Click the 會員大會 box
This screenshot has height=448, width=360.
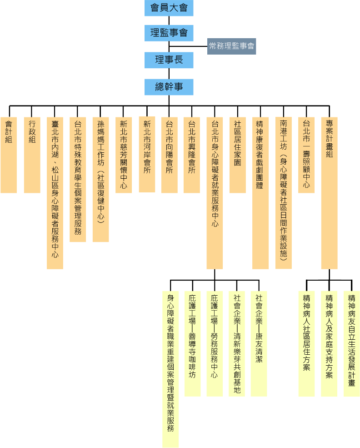click(169, 8)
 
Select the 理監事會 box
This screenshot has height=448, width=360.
click(169, 33)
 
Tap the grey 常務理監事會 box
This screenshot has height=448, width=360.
click(231, 46)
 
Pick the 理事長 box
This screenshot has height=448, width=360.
click(169, 60)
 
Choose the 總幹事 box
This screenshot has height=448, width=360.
click(169, 87)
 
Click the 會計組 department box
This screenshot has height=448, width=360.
click(9, 155)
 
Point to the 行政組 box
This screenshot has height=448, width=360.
click(32, 155)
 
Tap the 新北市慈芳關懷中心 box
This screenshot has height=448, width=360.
click(124, 155)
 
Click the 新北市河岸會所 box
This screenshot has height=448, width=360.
click(147, 155)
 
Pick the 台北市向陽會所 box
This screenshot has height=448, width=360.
click(169, 155)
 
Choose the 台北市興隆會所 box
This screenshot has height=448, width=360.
click(192, 155)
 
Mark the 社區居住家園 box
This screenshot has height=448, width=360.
click(237, 155)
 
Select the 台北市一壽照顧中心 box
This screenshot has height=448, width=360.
click(306, 155)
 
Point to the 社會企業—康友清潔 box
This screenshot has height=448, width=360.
click(259, 343)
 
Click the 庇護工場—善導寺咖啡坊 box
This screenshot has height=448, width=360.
click(192, 343)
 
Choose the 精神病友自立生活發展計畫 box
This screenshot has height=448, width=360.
click(351, 343)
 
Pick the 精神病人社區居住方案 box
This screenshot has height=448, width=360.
click(306, 343)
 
